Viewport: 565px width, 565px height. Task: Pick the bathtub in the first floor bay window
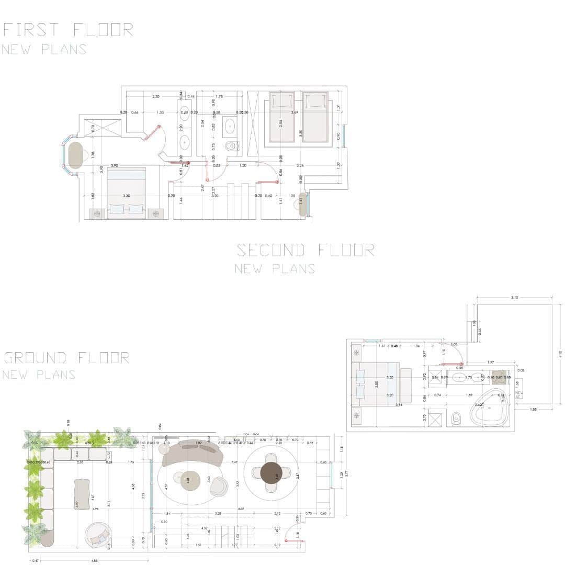[x=76, y=155]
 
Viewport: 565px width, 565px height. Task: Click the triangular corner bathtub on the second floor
[x=490, y=409]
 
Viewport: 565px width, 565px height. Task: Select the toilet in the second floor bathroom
[x=456, y=418]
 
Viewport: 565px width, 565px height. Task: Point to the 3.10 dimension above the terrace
[x=514, y=298]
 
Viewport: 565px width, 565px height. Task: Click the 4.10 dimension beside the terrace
[x=560, y=354]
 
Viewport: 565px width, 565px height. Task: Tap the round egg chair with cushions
[x=98, y=534]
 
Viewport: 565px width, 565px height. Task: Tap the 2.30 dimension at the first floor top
[x=156, y=97]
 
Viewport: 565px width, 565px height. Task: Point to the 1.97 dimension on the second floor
[x=491, y=363]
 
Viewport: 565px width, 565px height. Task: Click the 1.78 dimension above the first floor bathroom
[x=219, y=97]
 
